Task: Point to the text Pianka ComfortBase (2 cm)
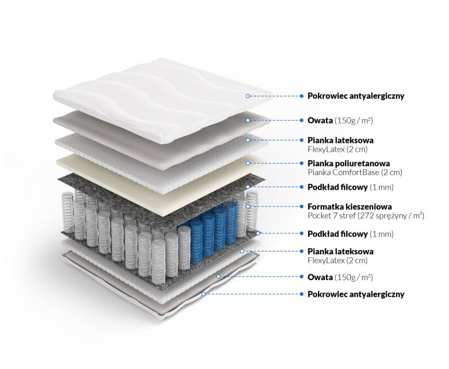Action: point(355,173)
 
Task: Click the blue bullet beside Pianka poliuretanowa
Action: point(302,163)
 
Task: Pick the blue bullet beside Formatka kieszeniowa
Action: point(302,206)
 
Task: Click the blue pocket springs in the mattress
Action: point(208,229)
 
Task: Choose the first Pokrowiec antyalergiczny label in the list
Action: point(356,96)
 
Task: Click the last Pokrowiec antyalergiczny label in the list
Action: point(356,294)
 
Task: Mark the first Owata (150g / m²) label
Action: point(340,120)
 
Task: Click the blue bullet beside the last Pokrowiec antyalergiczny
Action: point(302,294)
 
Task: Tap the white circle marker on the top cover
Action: point(248,96)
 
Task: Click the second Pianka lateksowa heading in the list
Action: point(340,252)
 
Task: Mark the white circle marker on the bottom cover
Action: point(204,294)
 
